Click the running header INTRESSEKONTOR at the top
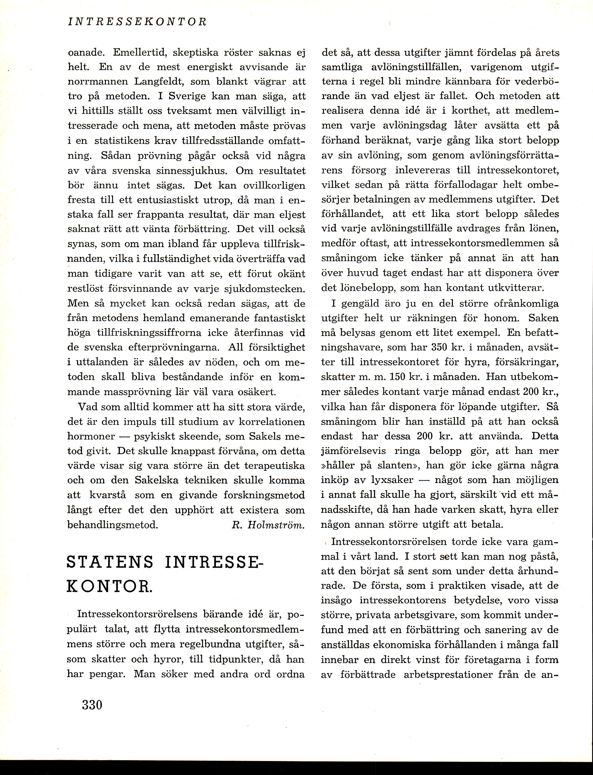coord(137,22)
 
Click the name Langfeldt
coord(159,82)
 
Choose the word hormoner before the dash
coord(91,436)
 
